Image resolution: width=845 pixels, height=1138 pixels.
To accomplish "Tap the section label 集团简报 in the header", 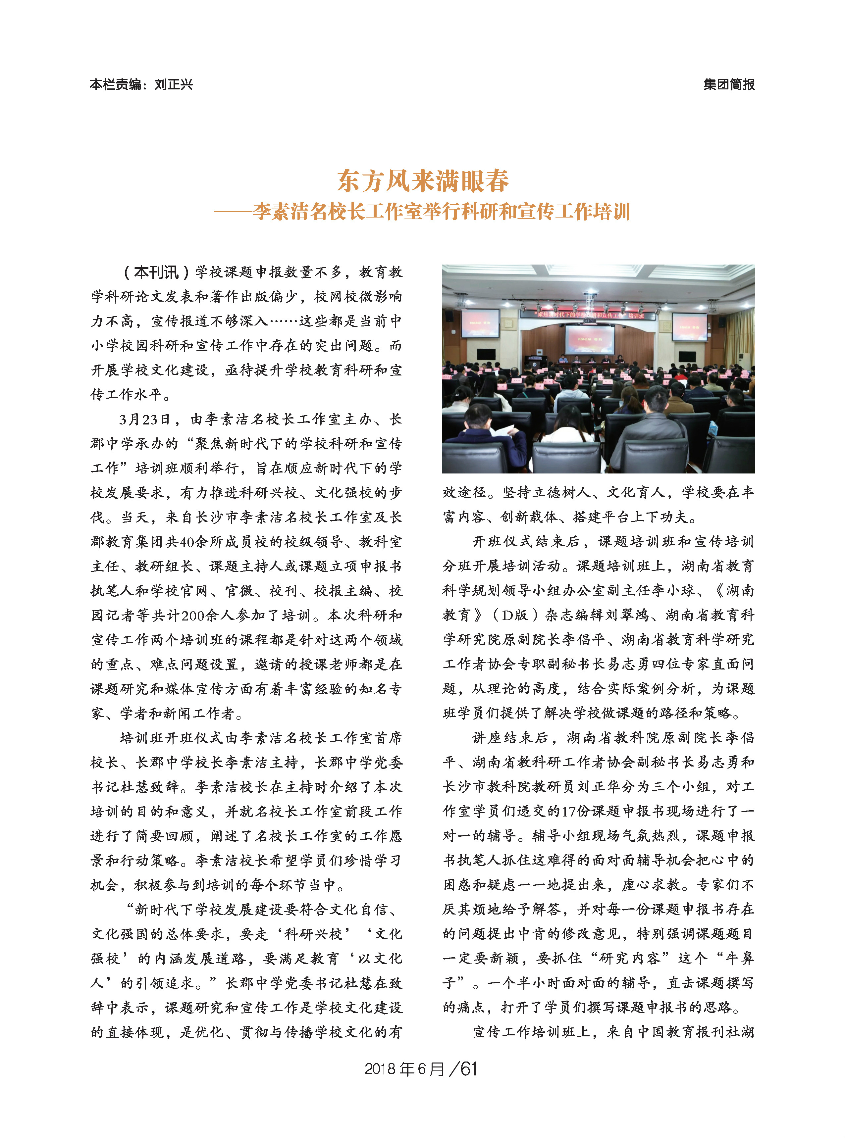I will [x=728, y=85].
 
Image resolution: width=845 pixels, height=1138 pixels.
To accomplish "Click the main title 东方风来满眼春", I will [x=423, y=181].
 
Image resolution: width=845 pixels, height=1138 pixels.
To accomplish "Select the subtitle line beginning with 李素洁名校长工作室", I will [x=441, y=212].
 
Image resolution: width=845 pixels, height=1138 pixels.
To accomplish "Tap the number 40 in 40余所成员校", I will [x=187, y=542].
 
